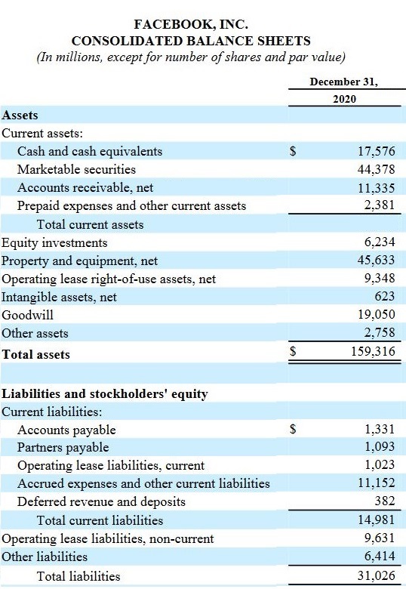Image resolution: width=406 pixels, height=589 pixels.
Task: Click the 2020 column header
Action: coord(344,99)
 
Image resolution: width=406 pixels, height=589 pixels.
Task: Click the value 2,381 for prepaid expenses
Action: coord(379,205)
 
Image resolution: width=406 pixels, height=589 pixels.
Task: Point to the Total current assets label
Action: coord(90,224)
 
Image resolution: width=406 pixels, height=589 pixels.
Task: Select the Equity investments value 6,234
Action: coord(379,242)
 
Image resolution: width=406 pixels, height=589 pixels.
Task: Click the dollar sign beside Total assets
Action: coord(295,351)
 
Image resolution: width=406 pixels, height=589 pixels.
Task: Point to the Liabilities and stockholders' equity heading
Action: coord(105,393)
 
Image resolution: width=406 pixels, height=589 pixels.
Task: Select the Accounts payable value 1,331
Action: coord(379,429)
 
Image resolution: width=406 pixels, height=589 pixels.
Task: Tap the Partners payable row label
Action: coord(63,447)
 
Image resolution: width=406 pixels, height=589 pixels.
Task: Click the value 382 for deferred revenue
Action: coord(385,501)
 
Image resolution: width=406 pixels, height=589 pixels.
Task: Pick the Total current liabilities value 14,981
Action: coord(374,520)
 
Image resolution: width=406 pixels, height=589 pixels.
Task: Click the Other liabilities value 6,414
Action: coord(379,557)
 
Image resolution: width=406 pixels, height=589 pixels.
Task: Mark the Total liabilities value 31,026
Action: coord(374,576)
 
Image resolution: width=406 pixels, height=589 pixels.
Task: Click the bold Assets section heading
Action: coord(20,116)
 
